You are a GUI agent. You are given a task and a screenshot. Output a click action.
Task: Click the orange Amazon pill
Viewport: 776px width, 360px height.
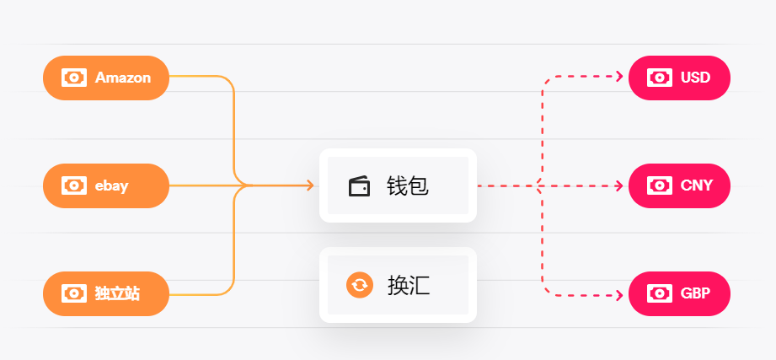(106, 78)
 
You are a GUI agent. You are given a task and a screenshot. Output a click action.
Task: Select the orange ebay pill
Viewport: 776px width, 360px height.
(106, 185)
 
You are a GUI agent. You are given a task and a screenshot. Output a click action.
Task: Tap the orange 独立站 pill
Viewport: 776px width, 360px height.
(106, 293)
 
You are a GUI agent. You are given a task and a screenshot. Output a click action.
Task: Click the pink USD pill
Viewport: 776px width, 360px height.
(679, 78)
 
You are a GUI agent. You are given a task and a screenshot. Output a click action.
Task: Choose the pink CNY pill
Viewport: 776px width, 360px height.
(679, 185)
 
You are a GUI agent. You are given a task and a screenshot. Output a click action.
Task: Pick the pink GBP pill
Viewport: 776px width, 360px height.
(679, 293)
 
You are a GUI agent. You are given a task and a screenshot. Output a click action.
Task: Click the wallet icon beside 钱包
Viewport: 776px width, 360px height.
(359, 185)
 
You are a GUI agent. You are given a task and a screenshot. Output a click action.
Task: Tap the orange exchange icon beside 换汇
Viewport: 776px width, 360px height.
(359, 285)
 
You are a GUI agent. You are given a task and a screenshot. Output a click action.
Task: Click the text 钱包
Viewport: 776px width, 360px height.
(408, 185)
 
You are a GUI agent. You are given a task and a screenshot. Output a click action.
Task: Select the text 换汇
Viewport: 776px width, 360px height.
(409, 285)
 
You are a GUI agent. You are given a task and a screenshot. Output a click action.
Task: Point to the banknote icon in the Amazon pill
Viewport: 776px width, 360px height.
(74, 78)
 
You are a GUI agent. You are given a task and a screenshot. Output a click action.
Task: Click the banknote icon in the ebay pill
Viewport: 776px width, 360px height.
(74, 185)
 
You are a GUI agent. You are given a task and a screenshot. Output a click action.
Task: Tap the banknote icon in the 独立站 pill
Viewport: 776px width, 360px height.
(74, 293)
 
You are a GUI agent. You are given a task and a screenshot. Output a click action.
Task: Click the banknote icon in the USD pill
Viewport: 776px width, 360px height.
(660, 78)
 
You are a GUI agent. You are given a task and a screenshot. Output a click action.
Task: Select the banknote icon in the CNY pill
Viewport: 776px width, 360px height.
(660, 185)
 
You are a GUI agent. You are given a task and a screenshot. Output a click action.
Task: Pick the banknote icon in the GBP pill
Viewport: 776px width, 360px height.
(660, 293)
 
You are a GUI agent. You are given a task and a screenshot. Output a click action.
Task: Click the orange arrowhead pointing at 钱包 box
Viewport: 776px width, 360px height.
(310, 185)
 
